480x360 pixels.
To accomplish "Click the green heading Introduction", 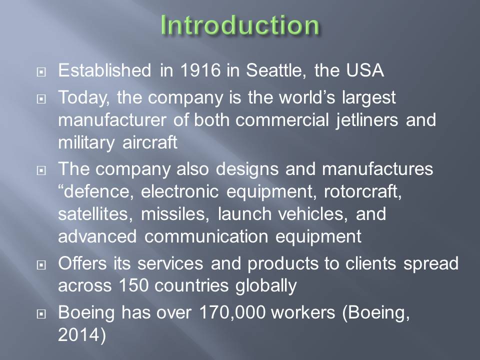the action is [240, 24].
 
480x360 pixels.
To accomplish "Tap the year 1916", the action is [200, 70].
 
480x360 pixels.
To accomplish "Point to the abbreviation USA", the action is [365, 70].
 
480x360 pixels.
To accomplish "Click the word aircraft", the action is [149, 142].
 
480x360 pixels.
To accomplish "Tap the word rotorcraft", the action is [363, 191].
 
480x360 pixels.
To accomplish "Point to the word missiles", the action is [175, 214].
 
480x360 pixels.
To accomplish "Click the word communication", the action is [206, 236].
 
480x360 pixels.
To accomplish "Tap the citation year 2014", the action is [79, 334].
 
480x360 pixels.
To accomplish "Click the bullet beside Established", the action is [41, 72].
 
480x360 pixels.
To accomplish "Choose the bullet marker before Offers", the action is [41, 265].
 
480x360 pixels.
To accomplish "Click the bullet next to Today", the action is [41, 99].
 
